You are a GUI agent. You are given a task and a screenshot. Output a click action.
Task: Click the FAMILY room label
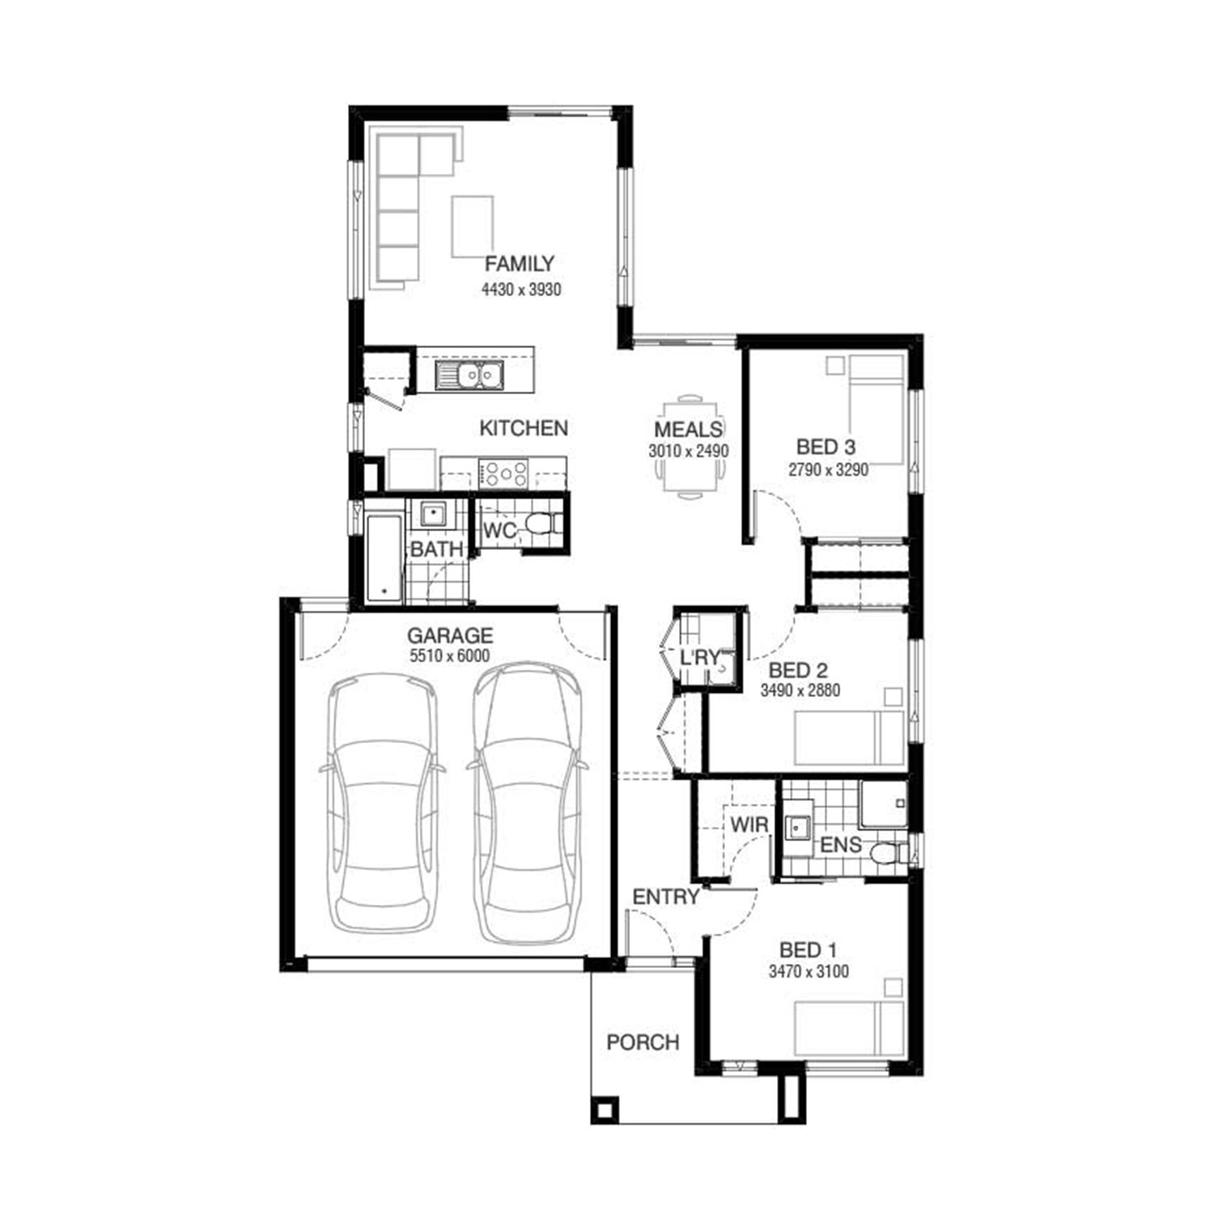520,264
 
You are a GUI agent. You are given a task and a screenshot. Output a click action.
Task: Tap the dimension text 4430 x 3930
521,289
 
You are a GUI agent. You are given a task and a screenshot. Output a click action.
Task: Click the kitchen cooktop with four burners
503,473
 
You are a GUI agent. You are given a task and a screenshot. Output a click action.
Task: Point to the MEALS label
689,429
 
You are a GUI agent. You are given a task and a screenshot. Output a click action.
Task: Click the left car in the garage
383,805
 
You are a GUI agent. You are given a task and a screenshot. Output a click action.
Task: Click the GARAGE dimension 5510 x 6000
449,656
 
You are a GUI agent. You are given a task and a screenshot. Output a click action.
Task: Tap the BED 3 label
826,447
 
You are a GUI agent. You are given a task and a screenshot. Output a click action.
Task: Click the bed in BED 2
849,738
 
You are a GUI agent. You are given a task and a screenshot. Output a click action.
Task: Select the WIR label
749,826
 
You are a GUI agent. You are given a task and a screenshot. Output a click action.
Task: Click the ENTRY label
665,897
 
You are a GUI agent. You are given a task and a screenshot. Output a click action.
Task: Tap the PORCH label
643,1042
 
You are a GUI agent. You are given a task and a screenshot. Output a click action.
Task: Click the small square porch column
605,1109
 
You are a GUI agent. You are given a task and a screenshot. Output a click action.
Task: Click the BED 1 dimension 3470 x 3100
809,971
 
